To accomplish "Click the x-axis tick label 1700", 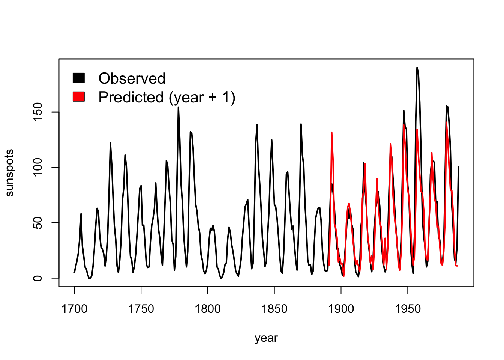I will point(74,309).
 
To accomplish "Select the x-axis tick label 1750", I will point(141,309).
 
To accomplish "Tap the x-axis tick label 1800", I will point(208,309).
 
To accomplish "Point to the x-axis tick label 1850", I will point(274,309).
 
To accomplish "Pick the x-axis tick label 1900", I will point(341,309).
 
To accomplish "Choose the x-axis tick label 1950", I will point(408,309).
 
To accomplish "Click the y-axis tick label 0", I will point(37,278).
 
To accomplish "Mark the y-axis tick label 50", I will point(37,223).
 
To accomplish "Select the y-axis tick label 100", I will point(37,167).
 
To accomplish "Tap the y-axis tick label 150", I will point(37,112).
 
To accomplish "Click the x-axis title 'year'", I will point(266,338).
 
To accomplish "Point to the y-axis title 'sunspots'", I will point(9,173).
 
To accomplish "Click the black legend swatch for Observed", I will point(79,78).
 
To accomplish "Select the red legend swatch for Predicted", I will point(79,96).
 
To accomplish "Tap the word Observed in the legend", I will point(132,78).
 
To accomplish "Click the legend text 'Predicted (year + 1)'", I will point(167,97).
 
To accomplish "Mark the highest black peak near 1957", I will point(417,68).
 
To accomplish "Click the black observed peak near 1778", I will point(178,107).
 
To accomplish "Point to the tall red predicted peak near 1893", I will point(331,132).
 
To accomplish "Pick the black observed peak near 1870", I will point(301,124).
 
